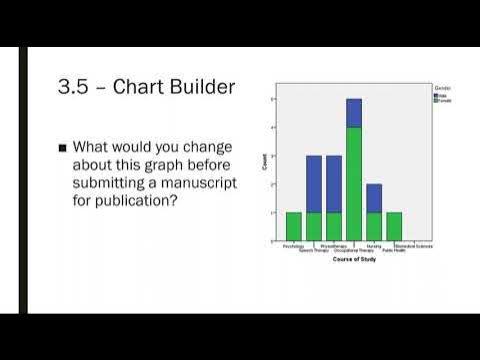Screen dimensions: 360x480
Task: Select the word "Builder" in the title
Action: pos(204,87)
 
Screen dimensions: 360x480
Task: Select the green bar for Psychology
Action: pos(293,227)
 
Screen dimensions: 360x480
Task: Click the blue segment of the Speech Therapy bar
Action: pos(313,184)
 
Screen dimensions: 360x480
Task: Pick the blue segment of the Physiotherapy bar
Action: pos(334,184)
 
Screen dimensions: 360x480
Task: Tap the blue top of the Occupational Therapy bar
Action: pos(354,113)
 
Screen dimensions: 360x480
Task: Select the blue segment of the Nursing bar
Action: pos(374,198)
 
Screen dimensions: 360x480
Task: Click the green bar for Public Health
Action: pos(394,227)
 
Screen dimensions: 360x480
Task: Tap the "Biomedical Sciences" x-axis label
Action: pos(415,245)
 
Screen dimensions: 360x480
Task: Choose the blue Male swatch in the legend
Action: pos(436,95)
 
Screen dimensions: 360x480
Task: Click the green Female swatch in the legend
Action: pos(436,100)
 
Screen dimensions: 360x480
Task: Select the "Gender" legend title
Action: pos(442,88)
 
